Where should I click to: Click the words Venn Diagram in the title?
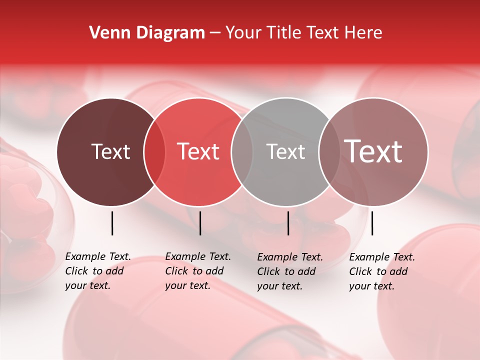pyautogui.click(x=147, y=33)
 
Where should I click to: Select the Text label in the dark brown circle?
pyautogui.click(x=110, y=151)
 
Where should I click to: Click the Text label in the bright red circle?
pyautogui.click(x=198, y=151)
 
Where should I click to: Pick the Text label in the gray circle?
pyautogui.click(x=285, y=151)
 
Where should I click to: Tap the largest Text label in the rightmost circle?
pyautogui.click(x=373, y=151)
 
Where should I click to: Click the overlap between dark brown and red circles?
pyautogui.click(x=154, y=152)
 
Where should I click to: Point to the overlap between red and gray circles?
pyautogui.click(x=242, y=152)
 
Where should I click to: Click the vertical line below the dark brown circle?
pyautogui.click(x=112, y=223)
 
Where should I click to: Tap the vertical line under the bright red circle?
pyautogui.click(x=200, y=223)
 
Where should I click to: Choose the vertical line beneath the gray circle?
pyautogui.click(x=288, y=223)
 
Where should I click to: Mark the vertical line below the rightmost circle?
pyautogui.click(x=372, y=223)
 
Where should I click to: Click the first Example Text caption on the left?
pyautogui.click(x=98, y=271)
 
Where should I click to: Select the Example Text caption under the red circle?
pyautogui.click(x=198, y=271)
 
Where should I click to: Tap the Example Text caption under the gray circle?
pyautogui.click(x=290, y=271)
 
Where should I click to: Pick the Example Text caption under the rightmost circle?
pyautogui.click(x=382, y=271)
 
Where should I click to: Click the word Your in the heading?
pyautogui.click(x=243, y=33)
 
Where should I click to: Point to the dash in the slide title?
pyautogui.click(x=215, y=33)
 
